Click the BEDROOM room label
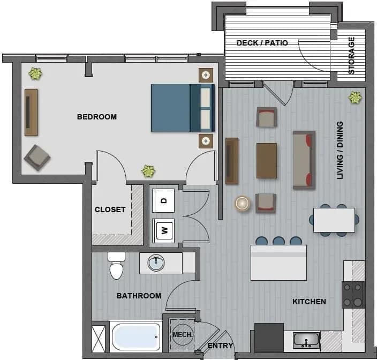(x=96, y=117)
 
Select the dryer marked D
(x=164, y=200)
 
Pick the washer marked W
(x=164, y=231)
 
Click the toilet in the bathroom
(x=116, y=266)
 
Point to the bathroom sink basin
(x=157, y=263)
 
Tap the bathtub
(x=136, y=336)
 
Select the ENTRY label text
(x=220, y=346)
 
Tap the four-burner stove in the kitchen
(x=353, y=295)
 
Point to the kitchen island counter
(x=278, y=262)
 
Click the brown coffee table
(x=267, y=160)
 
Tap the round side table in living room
(x=243, y=203)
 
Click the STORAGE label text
(x=352, y=55)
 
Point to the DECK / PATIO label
(x=262, y=43)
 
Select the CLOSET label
(x=110, y=209)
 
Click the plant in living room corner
(x=355, y=97)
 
